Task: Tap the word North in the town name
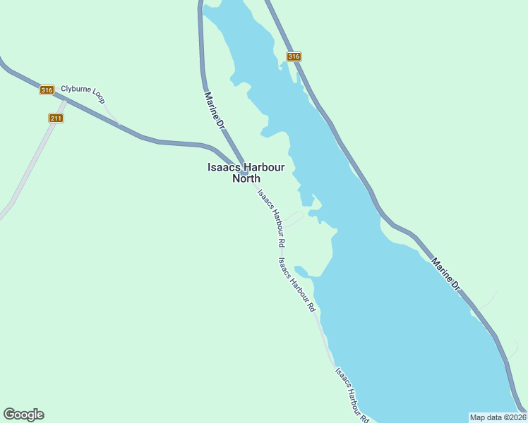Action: tap(246, 178)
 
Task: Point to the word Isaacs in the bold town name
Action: tap(222, 168)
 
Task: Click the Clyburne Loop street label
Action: tap(83, 94)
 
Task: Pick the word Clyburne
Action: tap(75, 90)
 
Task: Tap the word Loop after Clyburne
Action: tap(97, 99)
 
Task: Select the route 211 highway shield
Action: tap(56, 118)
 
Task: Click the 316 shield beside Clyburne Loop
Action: tap(47, 90)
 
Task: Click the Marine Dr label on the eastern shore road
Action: tap(445, 274)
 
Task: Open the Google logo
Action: tap(23, 415)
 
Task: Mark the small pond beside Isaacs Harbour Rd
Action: tap(301, 271)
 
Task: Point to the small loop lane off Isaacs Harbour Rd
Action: tap(294, 219)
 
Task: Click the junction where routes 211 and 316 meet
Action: tap(66, 100)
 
